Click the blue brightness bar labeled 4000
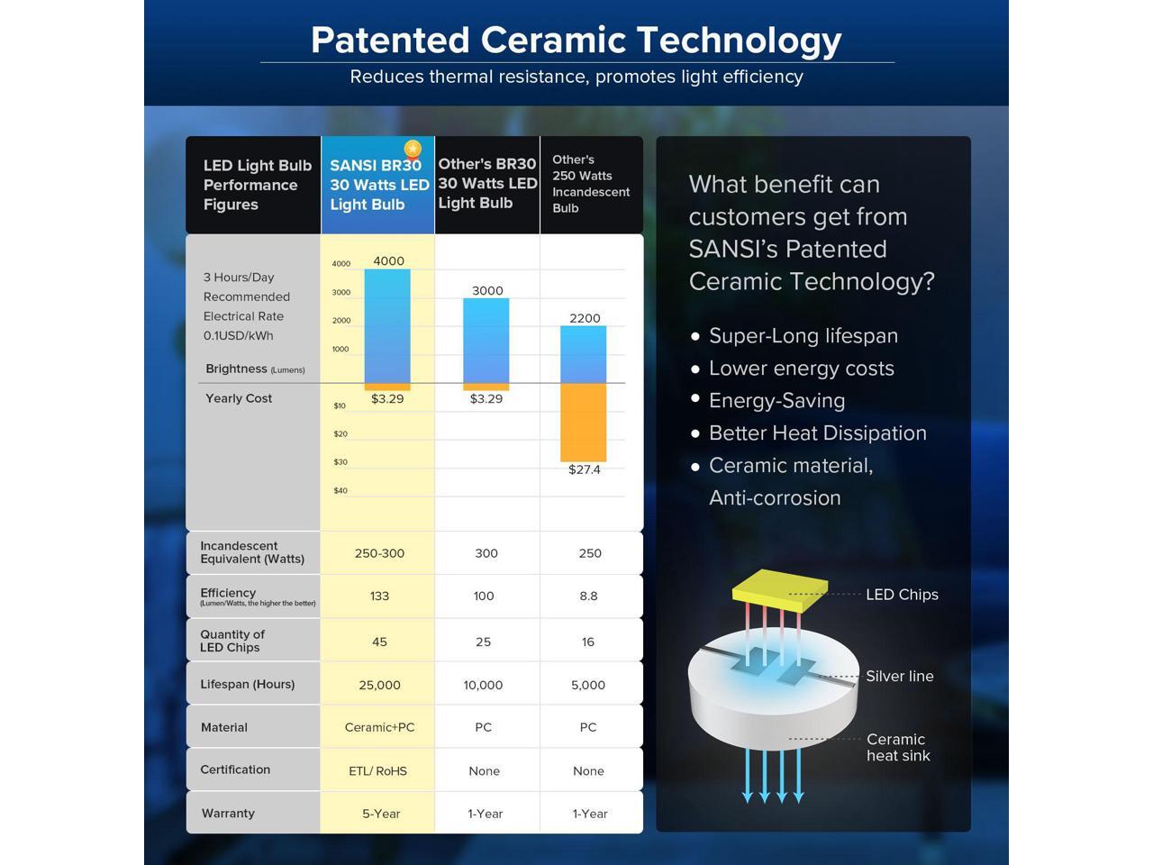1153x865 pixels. coord(387,326)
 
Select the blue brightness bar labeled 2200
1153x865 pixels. coord(583,354)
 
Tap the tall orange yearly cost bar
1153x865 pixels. coord(583,423)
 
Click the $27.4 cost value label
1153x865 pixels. coord(584,469)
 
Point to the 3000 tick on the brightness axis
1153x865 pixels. coord(340,292)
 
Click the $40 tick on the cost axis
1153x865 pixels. coord(340,490)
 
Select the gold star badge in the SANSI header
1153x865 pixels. coord(413,150)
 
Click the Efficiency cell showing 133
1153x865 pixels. coord(379,596)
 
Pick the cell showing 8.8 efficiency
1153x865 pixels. coord(589,596)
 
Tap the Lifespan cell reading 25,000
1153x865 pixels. coord(379,685)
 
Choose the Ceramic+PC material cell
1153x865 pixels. coord(379,727)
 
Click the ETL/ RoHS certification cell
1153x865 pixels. coord(377,771)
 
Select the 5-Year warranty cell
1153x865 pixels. coord(381,814)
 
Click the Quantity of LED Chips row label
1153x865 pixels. coord(232,641)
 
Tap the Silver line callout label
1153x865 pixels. coord(900,676)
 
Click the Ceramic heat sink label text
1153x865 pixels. coord(898,747)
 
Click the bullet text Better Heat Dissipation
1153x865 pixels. coord(818,433)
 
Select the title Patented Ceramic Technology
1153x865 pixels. coord(576,41)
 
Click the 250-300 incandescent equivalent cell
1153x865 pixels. coord(379,553)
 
